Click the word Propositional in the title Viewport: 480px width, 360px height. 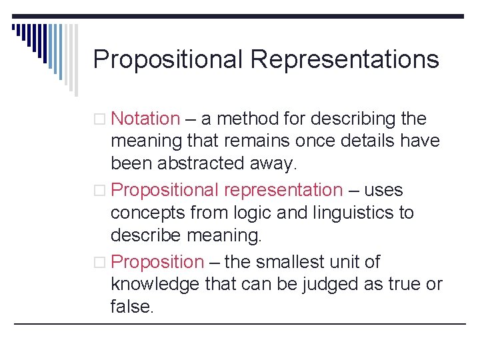coord(169,60)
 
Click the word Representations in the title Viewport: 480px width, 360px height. coord(345,60)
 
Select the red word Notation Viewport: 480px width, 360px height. coord(145,119)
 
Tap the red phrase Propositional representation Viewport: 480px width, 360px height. coord(227,190)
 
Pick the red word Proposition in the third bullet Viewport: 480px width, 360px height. coord(157,262)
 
